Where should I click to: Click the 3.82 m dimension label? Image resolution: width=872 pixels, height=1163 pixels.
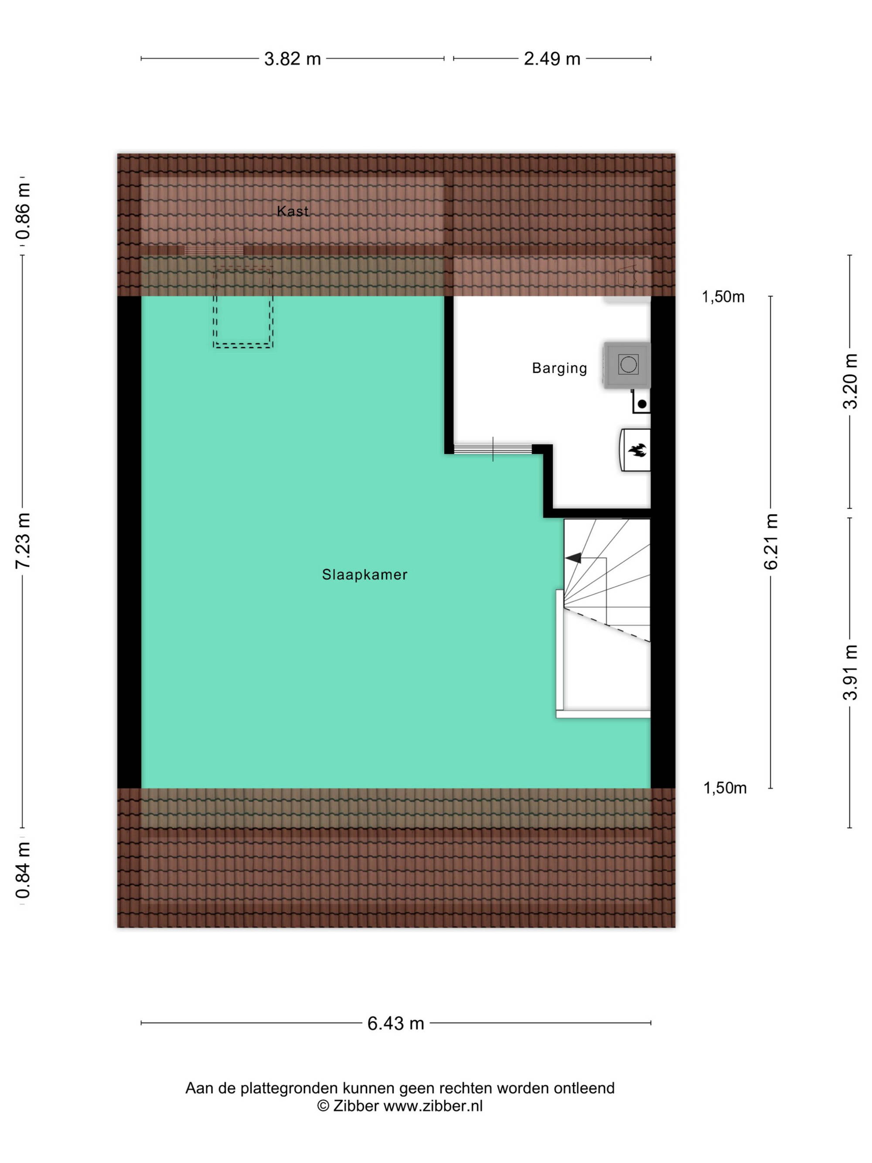(x=292, y=58)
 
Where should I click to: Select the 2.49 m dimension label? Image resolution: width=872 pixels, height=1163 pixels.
(x=552, y=58)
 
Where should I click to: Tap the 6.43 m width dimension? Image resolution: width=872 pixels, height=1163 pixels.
(x=395, y=1023)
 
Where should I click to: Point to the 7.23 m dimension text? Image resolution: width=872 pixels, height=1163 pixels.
(x=23, y=540)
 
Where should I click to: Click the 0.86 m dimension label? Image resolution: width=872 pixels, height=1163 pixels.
(x=23, y=211)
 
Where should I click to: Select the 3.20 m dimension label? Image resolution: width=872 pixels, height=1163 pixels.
(x=850, y=381)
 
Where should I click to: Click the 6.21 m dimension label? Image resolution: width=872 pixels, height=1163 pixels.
(x=770, y=542)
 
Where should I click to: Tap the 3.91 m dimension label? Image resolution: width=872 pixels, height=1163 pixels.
(x=850, y=672)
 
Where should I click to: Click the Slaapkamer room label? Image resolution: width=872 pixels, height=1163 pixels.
(x=365, y=575)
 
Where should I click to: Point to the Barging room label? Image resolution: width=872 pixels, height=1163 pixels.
(x=559, y=368)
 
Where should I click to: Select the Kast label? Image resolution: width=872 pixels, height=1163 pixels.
(x=293, y=211)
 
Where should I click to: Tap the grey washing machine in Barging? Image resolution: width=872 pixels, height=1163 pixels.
(x=627, y=365)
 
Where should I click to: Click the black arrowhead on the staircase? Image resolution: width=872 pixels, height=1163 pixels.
(x=573, y=558)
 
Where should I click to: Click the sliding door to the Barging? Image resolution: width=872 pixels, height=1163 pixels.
(x=493, y=449)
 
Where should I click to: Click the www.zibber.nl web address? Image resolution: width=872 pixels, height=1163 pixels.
(x=433, y=1106)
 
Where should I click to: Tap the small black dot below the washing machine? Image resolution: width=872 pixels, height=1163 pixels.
(x=642, y=404)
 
